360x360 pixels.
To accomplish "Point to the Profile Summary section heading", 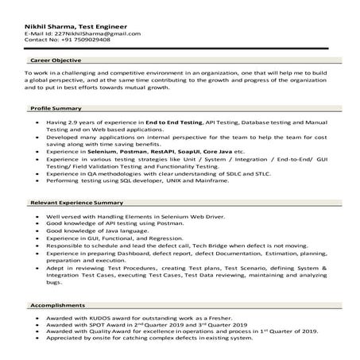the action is click(x=56, y=107).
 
